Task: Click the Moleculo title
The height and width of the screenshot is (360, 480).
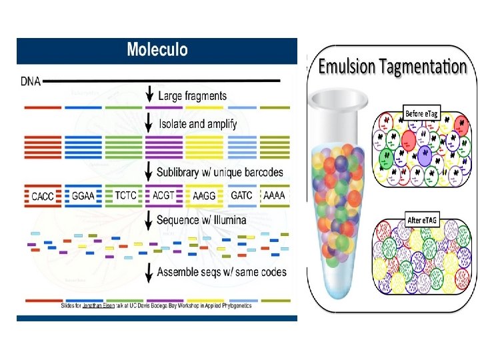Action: click(157, 49)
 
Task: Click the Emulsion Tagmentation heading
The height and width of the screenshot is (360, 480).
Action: click(393, 67)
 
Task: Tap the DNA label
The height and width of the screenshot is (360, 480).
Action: click(30, 82)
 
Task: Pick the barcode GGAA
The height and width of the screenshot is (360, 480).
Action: click(84, 197)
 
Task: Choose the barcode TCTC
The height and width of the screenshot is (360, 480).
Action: click(125, 197)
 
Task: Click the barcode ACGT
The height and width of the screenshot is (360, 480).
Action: click(165, 197)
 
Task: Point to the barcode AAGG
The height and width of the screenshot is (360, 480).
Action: click(205, 197)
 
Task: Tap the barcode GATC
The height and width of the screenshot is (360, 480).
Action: click(241, 197)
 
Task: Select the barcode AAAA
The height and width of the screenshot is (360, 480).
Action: click(275, 197)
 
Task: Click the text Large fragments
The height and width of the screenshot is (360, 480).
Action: click(192, 96)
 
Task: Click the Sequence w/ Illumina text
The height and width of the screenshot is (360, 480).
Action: click(201, 219)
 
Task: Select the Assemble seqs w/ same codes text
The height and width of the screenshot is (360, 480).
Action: click(221, 272)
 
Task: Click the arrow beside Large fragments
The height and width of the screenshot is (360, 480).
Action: click(149, 94)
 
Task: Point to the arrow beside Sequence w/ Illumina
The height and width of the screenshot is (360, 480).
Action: click(149, 220)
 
